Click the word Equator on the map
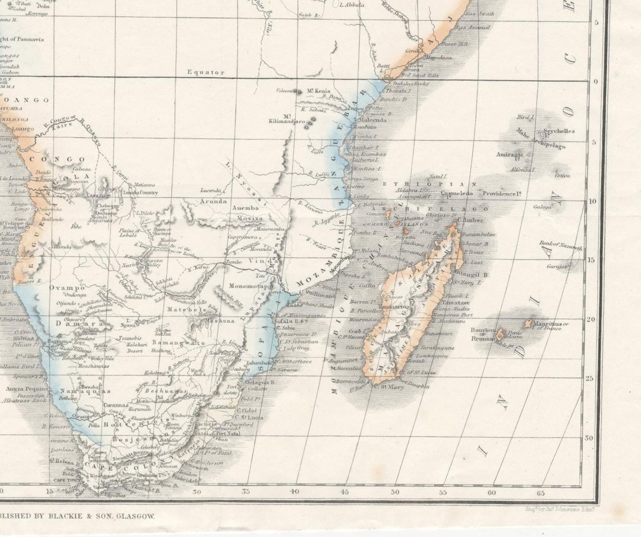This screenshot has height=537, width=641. click(x=205, y=72)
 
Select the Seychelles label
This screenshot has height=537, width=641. click(x=559, y=131)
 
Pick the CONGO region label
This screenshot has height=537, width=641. click(x=57, y=159)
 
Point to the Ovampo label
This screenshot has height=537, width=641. click(x=67, y=288)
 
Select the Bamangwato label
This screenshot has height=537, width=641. click(x=178, y=343)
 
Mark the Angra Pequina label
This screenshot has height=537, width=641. click(x=27, y=389)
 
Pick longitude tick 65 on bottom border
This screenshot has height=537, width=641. click(x=540, y=493)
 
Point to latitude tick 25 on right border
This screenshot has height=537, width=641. click(x=591, y=378)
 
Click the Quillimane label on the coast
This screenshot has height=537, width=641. click(x=320, y=295)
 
